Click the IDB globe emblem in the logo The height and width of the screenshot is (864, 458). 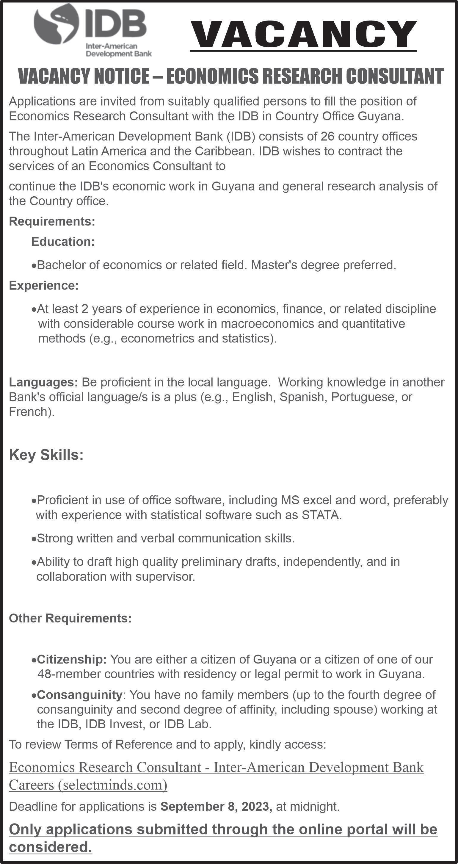click(56, 27)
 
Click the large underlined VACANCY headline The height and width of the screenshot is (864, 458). click(303, 35)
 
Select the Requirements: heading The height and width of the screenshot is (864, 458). click(52, 221)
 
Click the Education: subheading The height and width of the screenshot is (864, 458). click(63, 242)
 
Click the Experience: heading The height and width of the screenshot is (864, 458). click(44, 285)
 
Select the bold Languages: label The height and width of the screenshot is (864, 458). click(43, 382)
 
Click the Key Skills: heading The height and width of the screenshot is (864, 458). click(46, 455)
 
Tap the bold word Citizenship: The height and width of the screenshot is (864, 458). click(72, 659)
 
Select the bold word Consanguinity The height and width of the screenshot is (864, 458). click(79, 694)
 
